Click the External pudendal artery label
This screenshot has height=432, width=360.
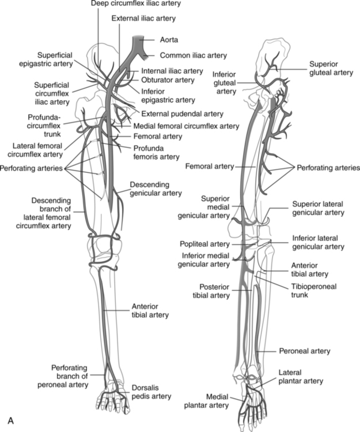(175, 113)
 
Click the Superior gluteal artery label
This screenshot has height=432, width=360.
(329, 69)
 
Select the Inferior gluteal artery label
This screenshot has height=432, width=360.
(225, 82)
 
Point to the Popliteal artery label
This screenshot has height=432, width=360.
(212, 244)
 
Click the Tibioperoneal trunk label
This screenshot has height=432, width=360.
(308, 290)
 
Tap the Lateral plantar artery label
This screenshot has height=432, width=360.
(300, 377)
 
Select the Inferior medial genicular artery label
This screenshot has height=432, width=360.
(206, 260)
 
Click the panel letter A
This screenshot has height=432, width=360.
(10, 421)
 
